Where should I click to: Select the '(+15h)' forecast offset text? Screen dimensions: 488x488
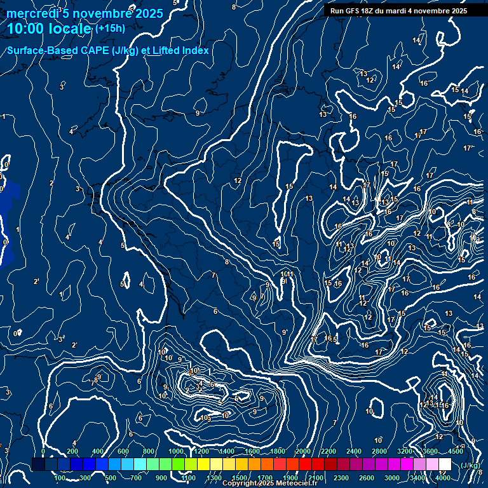110,29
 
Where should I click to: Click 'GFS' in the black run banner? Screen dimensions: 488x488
351,11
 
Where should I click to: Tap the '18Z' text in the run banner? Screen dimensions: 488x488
368,11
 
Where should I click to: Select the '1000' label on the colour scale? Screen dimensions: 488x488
175,451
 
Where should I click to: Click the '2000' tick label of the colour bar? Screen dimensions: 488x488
302,451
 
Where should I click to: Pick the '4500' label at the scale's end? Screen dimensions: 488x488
455,451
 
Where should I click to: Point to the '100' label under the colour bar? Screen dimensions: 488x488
60,478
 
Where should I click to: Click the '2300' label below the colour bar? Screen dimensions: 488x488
341,478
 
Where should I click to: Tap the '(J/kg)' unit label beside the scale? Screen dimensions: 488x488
470,465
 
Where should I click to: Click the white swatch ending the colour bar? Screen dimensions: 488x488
445,464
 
